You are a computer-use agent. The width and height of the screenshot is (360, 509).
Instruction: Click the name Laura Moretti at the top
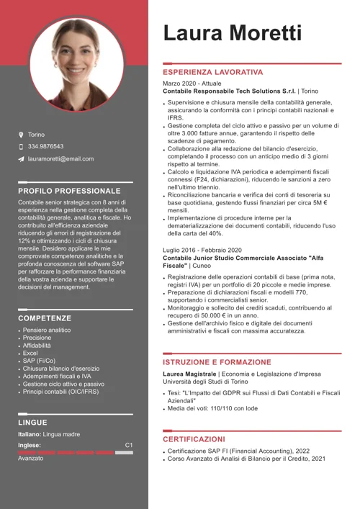click(232, 32)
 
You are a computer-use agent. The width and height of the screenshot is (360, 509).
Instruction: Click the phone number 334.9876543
click(45, 146)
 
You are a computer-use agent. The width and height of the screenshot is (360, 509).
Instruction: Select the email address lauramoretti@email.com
click(60, 158)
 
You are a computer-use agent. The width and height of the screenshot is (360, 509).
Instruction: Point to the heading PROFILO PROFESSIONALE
click(69, 191)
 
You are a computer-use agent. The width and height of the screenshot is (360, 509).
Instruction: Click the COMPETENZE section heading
click(45, 317)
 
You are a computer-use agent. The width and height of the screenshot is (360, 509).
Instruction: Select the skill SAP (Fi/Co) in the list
click(39, 361)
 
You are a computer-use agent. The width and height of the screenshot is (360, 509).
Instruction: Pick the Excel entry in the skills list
click(30, 353)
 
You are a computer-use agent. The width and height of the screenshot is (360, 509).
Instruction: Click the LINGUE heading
click(32, 423)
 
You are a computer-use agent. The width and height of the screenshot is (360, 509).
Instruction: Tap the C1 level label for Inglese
click(129, 445)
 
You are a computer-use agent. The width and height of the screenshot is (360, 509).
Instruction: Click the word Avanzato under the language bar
click(31, 458)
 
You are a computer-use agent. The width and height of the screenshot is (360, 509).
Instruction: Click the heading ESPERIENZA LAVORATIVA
click(212, 73)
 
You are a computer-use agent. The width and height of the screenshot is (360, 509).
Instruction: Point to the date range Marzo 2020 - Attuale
click(192, 84)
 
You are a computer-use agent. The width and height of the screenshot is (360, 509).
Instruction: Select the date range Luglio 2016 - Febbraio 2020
click(202, 249)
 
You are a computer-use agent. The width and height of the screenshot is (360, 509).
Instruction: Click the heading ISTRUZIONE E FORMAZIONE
click(217, 361)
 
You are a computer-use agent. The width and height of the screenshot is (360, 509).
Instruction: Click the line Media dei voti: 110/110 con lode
click(212, 408)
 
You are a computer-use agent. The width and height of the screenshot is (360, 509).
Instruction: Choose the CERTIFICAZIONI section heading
click(194, 438)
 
